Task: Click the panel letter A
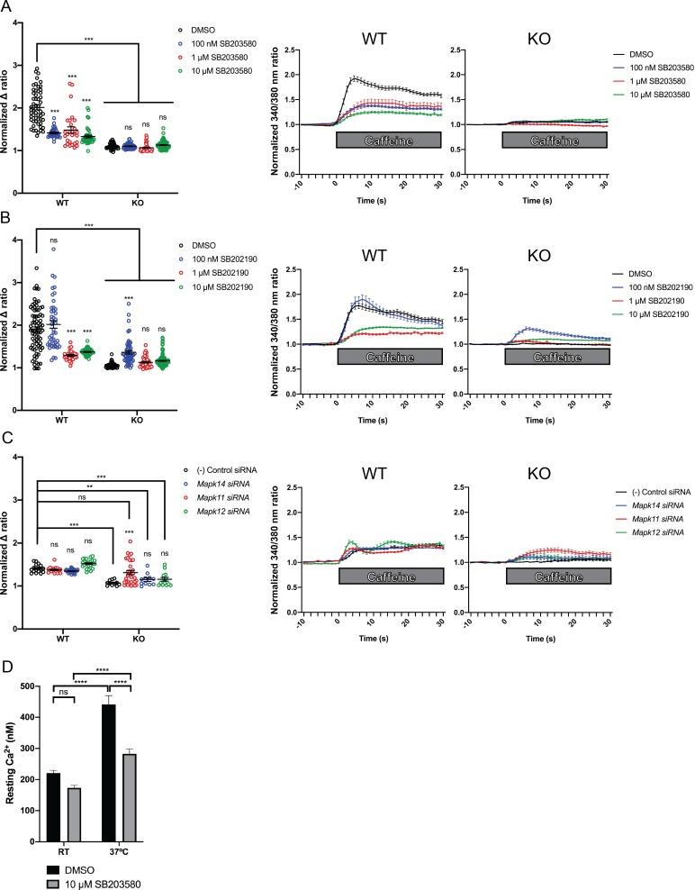pyautogui.click(x=6, y=8)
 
